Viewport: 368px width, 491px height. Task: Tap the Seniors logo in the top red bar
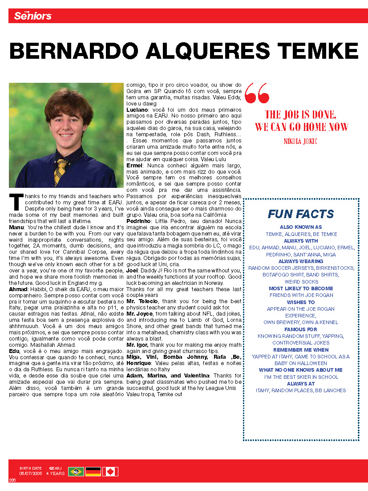tap(32, 16)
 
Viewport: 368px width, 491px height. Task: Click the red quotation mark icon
tap(257, 92)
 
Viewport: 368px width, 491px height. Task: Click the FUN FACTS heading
tap(301, 214)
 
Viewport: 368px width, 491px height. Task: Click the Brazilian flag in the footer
tap(76, 471)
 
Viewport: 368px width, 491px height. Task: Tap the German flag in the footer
tap(93, 471)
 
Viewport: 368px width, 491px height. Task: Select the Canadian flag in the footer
tap(110, 471)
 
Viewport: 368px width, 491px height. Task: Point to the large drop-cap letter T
tap(16, 202)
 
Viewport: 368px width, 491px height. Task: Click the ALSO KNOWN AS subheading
tap(301, 227)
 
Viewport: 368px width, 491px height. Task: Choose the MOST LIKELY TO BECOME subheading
tap(301, 288)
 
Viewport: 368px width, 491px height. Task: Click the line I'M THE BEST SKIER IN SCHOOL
tap(301, 377)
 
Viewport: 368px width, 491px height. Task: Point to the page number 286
tap(12, 479)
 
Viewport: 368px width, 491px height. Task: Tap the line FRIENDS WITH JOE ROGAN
tap(301, 295)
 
